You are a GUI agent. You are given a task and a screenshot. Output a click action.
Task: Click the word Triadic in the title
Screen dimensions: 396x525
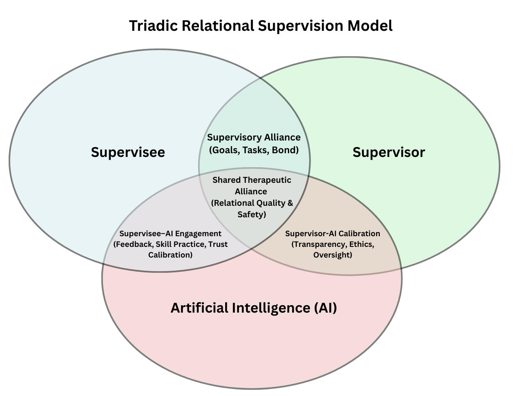coord(154,25)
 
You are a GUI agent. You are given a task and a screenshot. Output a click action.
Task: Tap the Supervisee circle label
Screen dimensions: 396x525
coord(128,152)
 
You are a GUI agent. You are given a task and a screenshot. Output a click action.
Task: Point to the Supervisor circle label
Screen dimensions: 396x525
coord(389,152)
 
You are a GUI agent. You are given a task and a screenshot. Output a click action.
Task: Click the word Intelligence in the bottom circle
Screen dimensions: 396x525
coord(271,307)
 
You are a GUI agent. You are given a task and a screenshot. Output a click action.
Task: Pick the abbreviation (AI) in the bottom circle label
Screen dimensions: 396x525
coord(326,307)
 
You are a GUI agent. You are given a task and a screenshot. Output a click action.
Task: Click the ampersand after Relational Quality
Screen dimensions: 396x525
coord(290,203)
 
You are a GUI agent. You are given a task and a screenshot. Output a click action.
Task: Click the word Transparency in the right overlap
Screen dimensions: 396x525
coord(319,244)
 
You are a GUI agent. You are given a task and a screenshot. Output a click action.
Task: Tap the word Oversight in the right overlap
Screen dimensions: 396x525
coord(333,255)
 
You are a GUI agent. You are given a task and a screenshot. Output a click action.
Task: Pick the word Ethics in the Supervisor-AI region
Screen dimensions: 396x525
coord(361,244)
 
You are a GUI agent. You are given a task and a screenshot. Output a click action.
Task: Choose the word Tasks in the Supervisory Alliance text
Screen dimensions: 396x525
coord(255,150)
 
